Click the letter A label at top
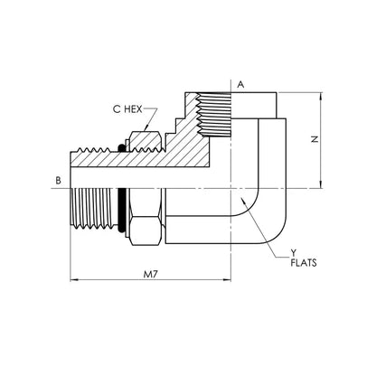(240, 85)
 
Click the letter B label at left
(59, 181)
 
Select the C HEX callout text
(127, 109)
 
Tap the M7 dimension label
(151, 275)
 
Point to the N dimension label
(315, 139)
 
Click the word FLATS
(304, 263)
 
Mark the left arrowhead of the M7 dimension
(74, 280)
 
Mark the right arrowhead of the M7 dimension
(227, 280)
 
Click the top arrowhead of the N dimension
(322, 96)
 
